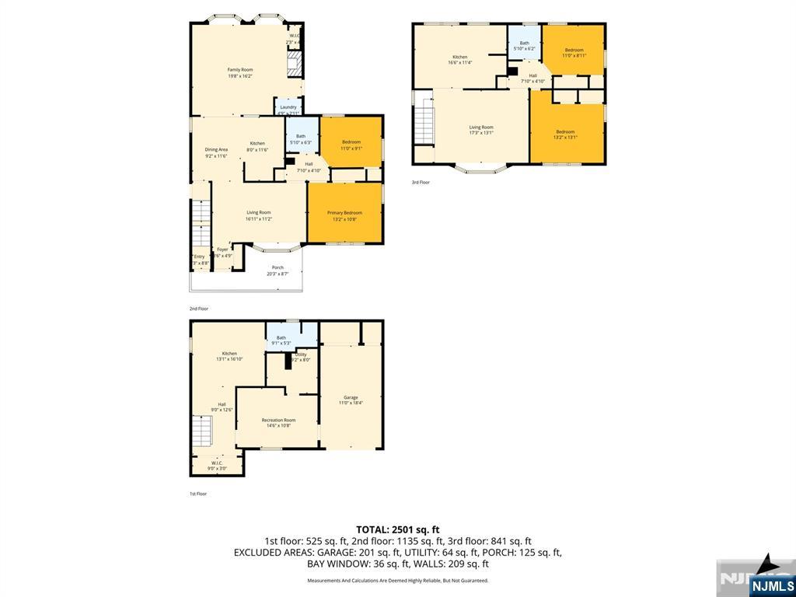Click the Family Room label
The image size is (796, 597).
tap(240, 72)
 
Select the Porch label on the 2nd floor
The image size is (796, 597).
tap(278, 271)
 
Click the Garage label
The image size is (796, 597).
tap(351, 400)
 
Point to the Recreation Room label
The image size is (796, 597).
tap(278, 423)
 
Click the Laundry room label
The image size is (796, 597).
tap(288, 110)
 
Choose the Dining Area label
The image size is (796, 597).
tap(216, 152)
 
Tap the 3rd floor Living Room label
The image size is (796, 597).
tap(481, 130)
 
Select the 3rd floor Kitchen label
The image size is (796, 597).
tap(461, 60)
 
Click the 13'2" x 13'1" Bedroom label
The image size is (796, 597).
tap(565, 134)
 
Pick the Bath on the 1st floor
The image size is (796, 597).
tap(281, 340)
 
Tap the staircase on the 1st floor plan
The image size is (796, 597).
tap(202, 430)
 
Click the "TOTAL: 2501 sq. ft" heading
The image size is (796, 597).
tap(397, 529)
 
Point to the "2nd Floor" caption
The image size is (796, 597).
tap(199, 309)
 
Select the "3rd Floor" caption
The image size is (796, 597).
tap(421, 182)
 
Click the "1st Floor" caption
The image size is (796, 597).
tap(198, 494)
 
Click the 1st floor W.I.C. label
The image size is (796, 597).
tap(217, 466)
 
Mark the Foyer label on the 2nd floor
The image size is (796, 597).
tap(222, 253)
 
